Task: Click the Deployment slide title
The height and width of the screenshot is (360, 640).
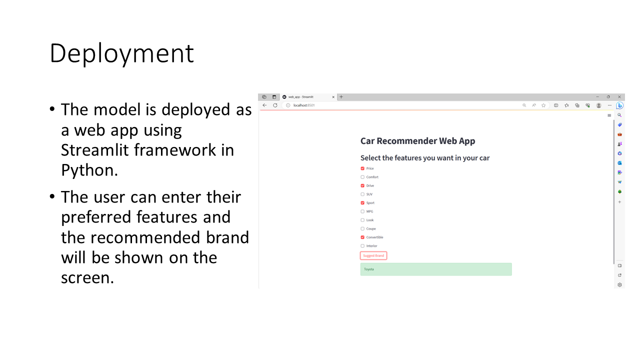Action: [121, 53]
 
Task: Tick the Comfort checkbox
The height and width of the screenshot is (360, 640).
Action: [362, 177]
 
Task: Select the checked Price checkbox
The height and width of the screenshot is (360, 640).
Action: [362, 168]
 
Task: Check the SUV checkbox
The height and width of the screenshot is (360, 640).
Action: [362, 194]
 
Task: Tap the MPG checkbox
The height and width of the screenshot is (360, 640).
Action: [362, 211]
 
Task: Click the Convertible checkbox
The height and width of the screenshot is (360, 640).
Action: [362, 237]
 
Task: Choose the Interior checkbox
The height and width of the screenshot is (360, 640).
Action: [362, 246]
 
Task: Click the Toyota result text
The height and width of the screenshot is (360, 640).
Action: [369, 269]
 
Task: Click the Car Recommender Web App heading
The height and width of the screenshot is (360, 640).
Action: [417, 141]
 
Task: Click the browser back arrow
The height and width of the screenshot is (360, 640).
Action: [264, 105]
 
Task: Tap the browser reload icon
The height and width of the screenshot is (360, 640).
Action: [275, 105]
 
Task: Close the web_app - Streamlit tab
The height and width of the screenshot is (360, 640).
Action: [333, 97]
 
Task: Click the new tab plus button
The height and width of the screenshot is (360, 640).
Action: [341, 97]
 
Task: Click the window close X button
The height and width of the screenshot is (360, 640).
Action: [619, 97]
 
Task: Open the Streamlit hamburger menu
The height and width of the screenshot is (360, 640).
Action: [609, 115]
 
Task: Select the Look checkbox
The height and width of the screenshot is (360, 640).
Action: [362, 220]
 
